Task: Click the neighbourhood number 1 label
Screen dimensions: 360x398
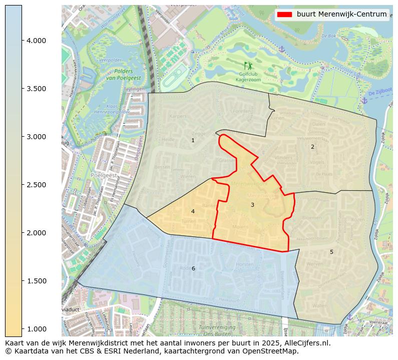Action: pyautogui.click(x=193, y=140)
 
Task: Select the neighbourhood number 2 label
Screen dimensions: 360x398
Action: pyautogui.click(x=312, y=147)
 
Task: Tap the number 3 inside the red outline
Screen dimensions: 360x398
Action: pyautogui.click(x=252, y=205)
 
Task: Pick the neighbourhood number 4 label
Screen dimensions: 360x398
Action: pyautogui.click(x=193, y=211)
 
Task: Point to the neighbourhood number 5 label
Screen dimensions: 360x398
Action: pyautogui.click(x=331, y=252)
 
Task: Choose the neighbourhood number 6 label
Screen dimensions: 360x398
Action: pyautogui.click(x=193, y=268)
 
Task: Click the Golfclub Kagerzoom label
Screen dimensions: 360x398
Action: pyautogui.click(x=248, y=77)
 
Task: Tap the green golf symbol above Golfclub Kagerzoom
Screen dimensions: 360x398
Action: pyautogui.click(x=248, y=65)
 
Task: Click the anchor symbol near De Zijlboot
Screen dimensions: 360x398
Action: pyautogui.click(x=364, y=101)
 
